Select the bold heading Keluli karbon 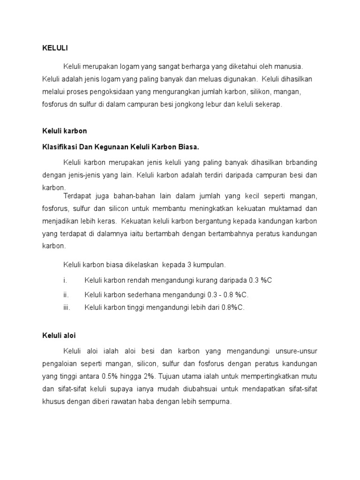[x=65, y=131]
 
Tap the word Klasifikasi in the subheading [x=59, y=147]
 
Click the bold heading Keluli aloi [x=59, y=336]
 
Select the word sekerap [x=269, y=105]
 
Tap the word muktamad [x=280, y=208]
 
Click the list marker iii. [x=67, y=307]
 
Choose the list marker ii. [x=66, y=295]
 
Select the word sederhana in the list [x=143, y=295]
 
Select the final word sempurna [x=216, y=402]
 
